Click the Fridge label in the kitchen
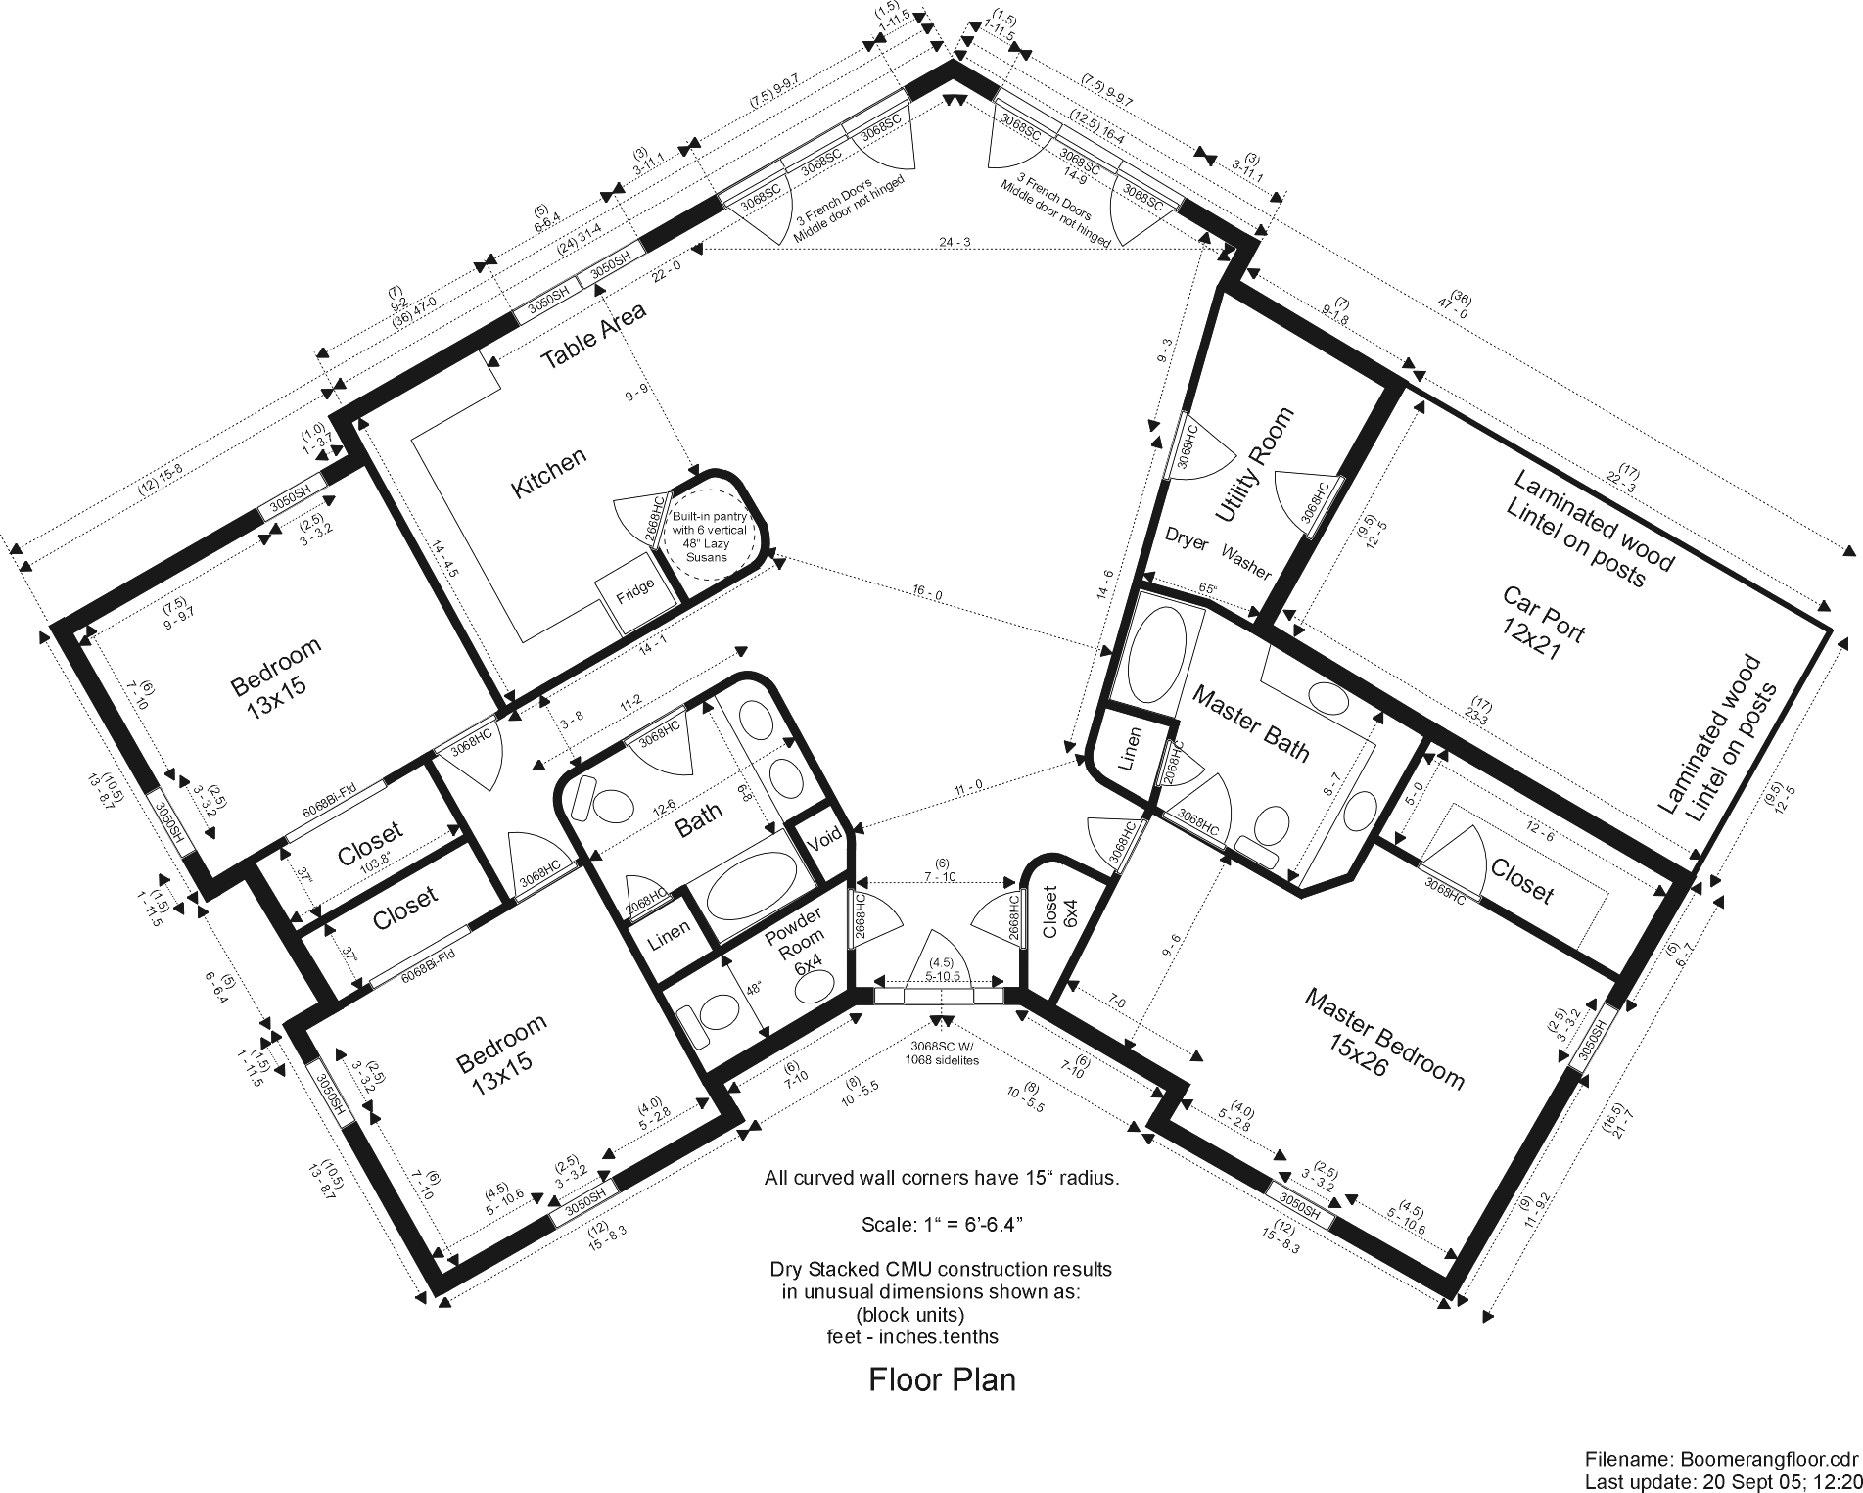pos(634,594)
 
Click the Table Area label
pos(593,336)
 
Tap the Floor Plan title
pos(942,1380)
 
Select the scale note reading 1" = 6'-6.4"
pos(942,1225)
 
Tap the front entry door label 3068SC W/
pos(942,1046)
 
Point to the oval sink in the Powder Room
pos(813,989)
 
